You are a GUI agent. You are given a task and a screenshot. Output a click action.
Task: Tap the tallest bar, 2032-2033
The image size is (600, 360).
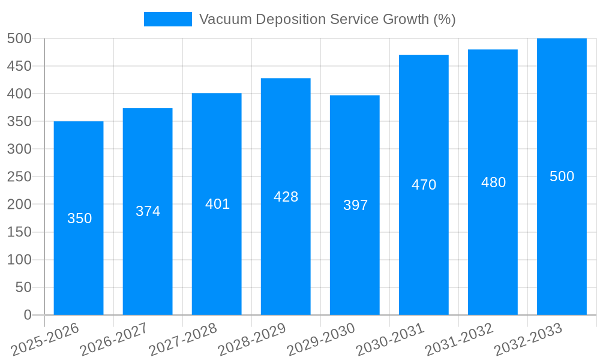point(562,240)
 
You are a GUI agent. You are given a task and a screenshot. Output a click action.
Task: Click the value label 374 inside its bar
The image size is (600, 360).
point(148,211)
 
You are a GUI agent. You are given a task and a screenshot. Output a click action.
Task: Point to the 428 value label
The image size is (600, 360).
point(286,197)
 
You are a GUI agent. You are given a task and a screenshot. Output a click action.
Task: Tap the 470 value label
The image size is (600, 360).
point(424,185)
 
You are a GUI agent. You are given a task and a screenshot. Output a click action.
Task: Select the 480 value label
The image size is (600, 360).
point(493,182)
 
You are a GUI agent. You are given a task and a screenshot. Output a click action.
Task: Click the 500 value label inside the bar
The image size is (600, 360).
point(562,176)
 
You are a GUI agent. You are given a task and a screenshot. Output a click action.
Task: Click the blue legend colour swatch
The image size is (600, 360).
point(167,19)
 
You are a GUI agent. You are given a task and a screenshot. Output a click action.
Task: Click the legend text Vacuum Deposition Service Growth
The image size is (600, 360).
point(327,19)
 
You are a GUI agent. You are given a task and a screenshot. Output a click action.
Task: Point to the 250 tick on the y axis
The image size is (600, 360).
point(19,177)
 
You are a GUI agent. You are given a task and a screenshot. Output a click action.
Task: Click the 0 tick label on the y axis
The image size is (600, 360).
point(27,315)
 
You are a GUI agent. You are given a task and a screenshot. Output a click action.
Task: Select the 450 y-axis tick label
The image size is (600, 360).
point(19,66)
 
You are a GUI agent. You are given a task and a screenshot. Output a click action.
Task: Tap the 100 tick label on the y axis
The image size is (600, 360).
point(19,260)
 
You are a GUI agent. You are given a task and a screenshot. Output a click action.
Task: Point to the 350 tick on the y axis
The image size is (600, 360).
point(19,121)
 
